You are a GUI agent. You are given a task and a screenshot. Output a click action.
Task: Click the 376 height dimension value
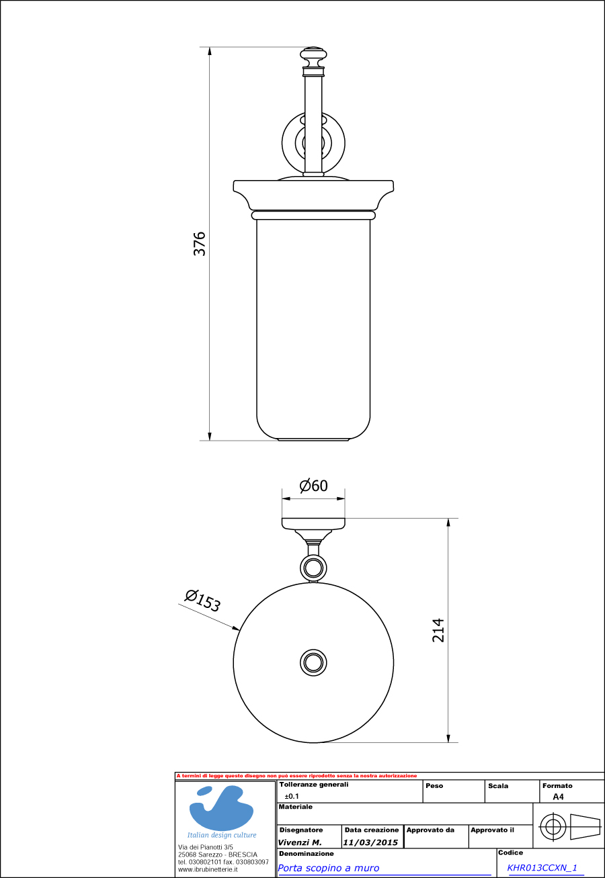[200, 243]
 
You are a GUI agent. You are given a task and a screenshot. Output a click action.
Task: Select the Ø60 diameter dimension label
[313, 486]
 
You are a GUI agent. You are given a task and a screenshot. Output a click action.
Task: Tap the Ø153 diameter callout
[202, 599]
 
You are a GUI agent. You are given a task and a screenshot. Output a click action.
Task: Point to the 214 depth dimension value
[438, 630]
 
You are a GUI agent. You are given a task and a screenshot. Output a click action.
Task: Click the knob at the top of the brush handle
[313, 54]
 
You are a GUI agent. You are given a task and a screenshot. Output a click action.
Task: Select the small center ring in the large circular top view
[313, 663]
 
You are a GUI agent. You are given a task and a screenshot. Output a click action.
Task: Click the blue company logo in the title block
[220, 808]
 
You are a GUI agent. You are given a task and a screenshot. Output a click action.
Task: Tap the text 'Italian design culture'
[221, 835]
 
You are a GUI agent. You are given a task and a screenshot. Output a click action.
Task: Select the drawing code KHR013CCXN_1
[542, 868]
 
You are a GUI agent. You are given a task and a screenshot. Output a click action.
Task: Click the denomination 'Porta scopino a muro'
[329, 868]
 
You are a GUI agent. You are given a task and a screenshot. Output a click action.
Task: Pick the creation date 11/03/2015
[370, 842]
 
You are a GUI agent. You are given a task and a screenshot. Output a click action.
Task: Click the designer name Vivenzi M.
[300, 842]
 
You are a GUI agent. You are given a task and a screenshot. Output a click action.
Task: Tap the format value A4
[558, 797]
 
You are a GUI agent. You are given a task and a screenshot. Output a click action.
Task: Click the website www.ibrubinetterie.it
[208, 869]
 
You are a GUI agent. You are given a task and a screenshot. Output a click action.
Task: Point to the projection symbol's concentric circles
[552, 826]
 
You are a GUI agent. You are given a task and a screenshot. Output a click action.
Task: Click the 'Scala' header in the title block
[498, 785]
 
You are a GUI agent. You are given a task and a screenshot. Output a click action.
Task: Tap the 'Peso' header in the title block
[434, 785]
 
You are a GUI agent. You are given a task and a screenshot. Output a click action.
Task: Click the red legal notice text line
[296, 776]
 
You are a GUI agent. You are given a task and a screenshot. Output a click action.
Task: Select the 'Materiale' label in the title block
[296, 806]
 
